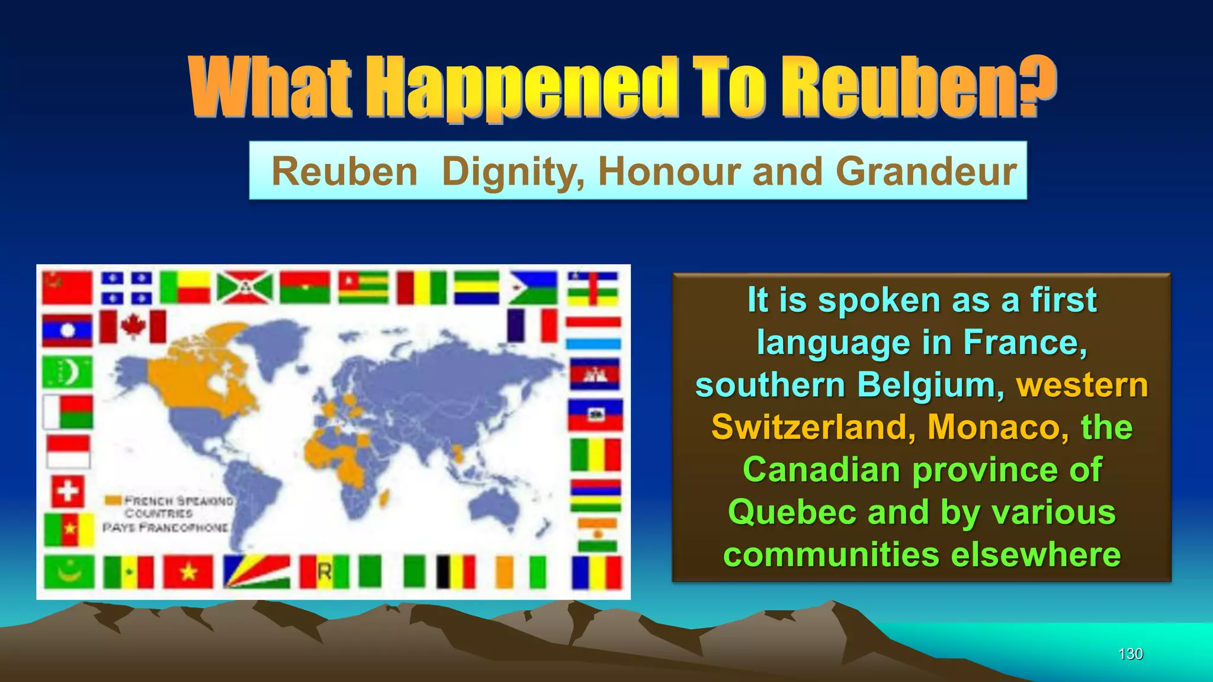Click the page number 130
click(x=1130, y=654)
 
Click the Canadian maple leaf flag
click(x=133, y=326)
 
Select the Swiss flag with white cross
click(x=67, y=491)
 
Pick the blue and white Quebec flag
click(x=126, y=287)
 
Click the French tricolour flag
click(x=532, y=326)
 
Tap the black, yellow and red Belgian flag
click(x=455, y=571)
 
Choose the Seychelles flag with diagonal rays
click(x=256, y=571)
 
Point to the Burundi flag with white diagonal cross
click(x=245, y=287)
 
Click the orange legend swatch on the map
click(x=113, y=500)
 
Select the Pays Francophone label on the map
click(x=165, y=527)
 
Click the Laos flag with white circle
click(x=68, y=330)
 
